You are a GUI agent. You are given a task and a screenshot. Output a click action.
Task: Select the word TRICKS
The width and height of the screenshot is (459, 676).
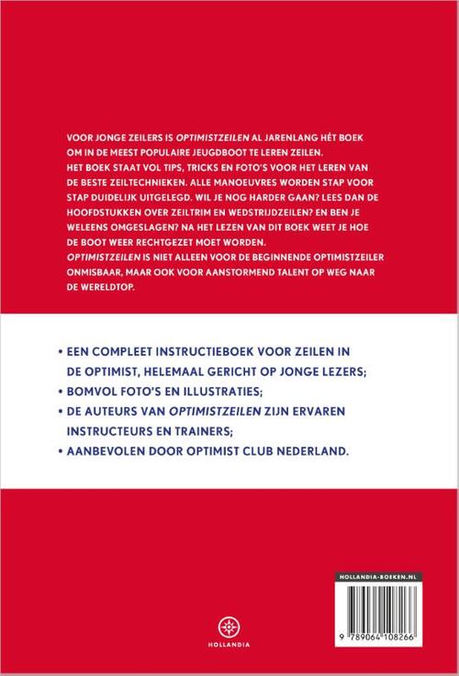tap(175, 164)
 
